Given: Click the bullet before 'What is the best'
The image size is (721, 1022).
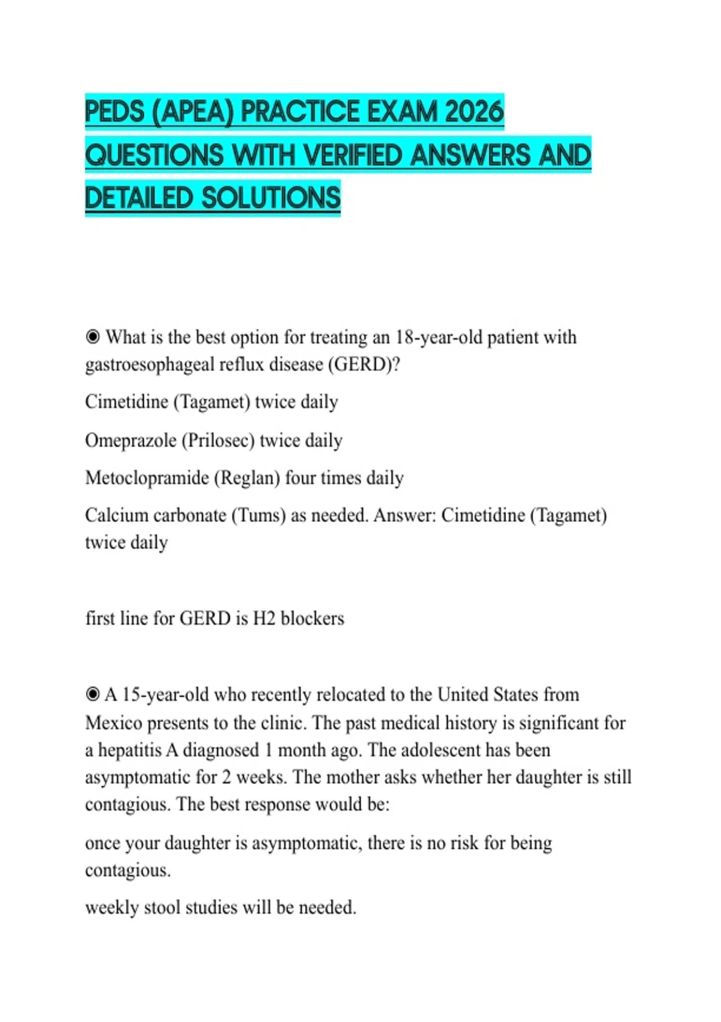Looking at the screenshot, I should [x=93, y=337].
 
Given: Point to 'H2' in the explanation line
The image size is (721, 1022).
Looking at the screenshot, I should [x=264, y=618].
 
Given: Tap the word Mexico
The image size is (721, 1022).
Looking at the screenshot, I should [x=114, y=723].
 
